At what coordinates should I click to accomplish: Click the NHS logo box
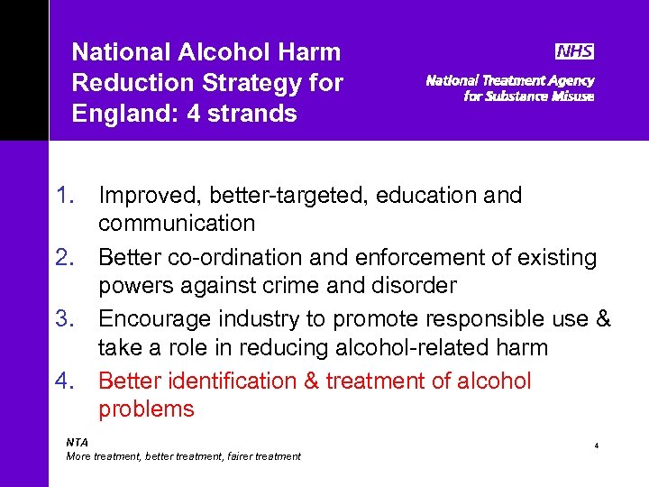point(574,51)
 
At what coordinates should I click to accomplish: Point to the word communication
point(177,223)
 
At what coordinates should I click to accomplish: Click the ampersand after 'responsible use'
point(603,319)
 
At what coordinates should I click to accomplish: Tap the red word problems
point(146,409)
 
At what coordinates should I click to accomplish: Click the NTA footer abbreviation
point(78,442)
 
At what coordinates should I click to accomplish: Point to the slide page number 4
point(596,446)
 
